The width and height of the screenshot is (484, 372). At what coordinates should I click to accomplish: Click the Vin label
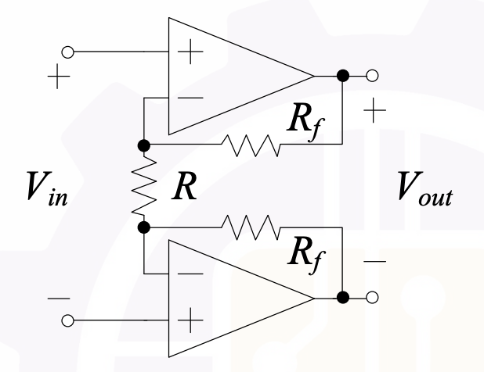point(47,188)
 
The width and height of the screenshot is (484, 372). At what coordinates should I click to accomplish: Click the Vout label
point(425,188)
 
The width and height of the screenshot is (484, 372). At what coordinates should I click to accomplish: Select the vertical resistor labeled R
point(144,186)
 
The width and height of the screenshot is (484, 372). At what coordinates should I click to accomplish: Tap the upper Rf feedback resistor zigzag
point(251,145)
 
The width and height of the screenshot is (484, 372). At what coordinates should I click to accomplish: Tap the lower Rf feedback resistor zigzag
point(251,227)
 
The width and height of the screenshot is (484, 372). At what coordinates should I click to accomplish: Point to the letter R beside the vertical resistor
point(184,186)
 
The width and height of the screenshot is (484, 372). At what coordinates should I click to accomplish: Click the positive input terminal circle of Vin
point(67,52)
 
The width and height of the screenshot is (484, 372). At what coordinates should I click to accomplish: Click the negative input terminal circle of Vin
point(67,320)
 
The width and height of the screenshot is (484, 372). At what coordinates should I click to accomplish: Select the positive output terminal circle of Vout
point(372,76)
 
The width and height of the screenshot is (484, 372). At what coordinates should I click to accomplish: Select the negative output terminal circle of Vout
point(372,298)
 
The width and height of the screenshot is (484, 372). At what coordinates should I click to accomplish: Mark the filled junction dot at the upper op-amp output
point(343,76)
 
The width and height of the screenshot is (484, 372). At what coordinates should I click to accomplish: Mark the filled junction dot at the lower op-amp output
point(343,298)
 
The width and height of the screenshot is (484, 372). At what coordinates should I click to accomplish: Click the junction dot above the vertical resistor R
point(144,145)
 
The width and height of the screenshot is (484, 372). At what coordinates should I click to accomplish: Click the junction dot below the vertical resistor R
point(144,227)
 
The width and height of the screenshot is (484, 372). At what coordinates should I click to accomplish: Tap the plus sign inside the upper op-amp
point(190,52)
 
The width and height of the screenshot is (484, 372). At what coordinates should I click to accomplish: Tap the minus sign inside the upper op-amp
point(190,98)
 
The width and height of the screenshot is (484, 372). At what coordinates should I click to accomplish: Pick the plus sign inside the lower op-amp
point(190,320)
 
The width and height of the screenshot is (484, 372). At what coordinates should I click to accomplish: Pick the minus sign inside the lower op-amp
point(190,274)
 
